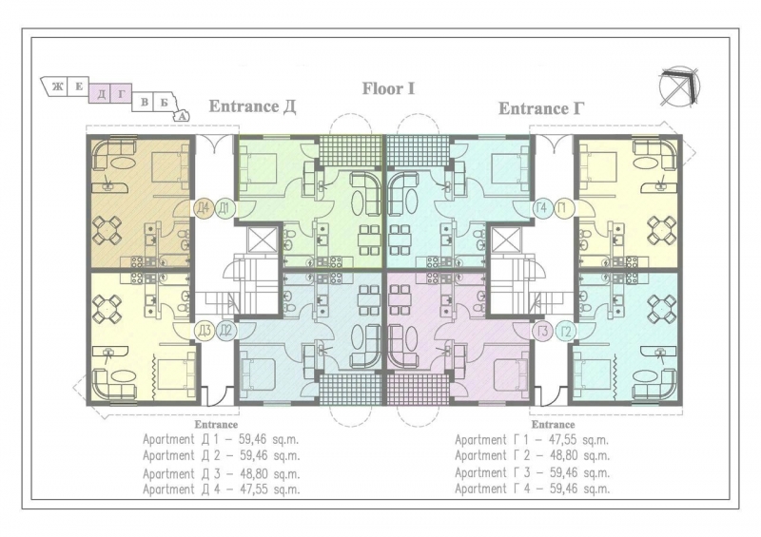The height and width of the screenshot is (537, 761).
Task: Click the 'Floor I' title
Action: [x=388, y=88]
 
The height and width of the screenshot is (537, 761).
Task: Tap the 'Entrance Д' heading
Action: [x=252, y=106]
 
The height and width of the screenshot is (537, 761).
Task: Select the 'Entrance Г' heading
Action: [x=541, y=108]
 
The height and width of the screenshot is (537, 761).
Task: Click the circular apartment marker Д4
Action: [x=204, y=208]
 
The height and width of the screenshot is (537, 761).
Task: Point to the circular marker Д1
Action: [x=224, y=208]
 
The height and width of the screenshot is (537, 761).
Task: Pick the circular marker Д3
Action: [x=204, y=332]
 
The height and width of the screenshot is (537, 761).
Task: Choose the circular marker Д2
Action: [x=224, y=332]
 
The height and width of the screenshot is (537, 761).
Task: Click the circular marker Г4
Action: [x=542, y=208]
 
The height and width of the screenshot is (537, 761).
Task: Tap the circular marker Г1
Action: [x=563, y=208]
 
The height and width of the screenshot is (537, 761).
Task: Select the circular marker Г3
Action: [x=542, y=332]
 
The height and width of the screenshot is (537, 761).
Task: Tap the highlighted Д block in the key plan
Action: [x=101, y=93]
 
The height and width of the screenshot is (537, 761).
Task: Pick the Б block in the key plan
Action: [x=164, y=102]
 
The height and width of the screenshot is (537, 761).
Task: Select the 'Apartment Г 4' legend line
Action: [x=532, y=489]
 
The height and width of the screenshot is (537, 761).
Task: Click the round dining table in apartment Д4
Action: [x=107, y=230]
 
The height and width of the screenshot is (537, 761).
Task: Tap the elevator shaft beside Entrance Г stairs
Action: [x=506, y=240]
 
